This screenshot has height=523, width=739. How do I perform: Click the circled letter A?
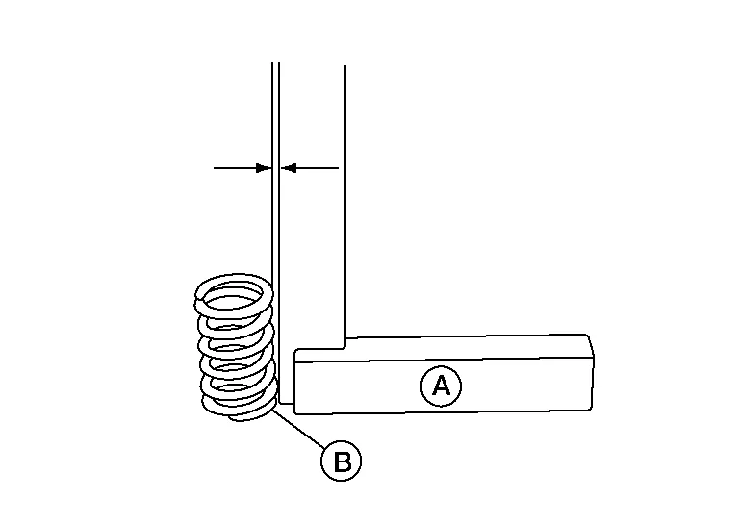(441, 386)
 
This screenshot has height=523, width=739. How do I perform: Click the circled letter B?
(341, 461)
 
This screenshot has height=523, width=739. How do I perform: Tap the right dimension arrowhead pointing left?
(287, 168)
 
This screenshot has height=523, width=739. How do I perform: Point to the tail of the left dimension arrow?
(217, 168)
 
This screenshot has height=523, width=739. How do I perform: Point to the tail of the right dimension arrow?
(337, 168)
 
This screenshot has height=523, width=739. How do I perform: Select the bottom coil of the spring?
(236, 411)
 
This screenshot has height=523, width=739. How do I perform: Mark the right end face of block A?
(590, 373)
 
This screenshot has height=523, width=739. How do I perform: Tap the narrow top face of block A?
(443, 346)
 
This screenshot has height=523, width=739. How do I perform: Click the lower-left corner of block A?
(294, 403)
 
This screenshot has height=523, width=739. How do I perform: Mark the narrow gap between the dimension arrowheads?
(276, 168)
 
